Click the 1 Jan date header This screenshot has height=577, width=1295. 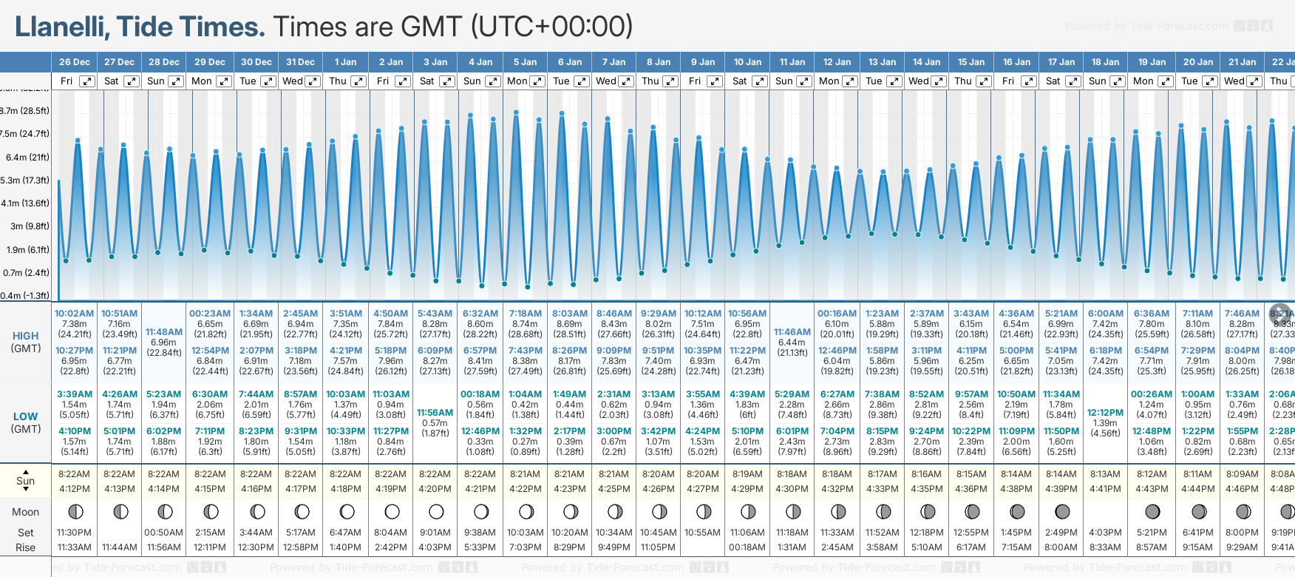[345, 62]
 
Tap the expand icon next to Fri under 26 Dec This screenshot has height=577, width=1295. [87, 81]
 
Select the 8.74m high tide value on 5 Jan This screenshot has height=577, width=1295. [525, 324]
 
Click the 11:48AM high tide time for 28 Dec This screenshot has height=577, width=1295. [163, 332]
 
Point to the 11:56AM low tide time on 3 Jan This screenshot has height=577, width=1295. [435, 413]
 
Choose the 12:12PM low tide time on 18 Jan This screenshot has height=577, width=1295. [1105, 413]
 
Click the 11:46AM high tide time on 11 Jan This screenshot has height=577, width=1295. [792, 332]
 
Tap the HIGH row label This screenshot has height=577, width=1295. [25, 336]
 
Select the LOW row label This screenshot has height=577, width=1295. [25, 416]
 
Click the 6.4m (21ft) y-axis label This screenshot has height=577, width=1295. [27, 157]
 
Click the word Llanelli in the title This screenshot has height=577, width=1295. [62, 27]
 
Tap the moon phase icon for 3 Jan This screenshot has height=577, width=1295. [436, 511]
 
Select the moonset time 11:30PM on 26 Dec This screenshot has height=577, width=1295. [74, 533]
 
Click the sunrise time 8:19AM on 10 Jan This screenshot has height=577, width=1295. [747, 474]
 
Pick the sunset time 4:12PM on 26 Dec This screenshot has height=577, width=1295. [74, 489]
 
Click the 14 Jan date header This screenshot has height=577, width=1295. [926, 62]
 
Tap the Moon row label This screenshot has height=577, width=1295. [25, 512]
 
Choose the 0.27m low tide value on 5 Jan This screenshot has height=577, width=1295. [525, 442]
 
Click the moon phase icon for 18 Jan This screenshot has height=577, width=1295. [1107, 511]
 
